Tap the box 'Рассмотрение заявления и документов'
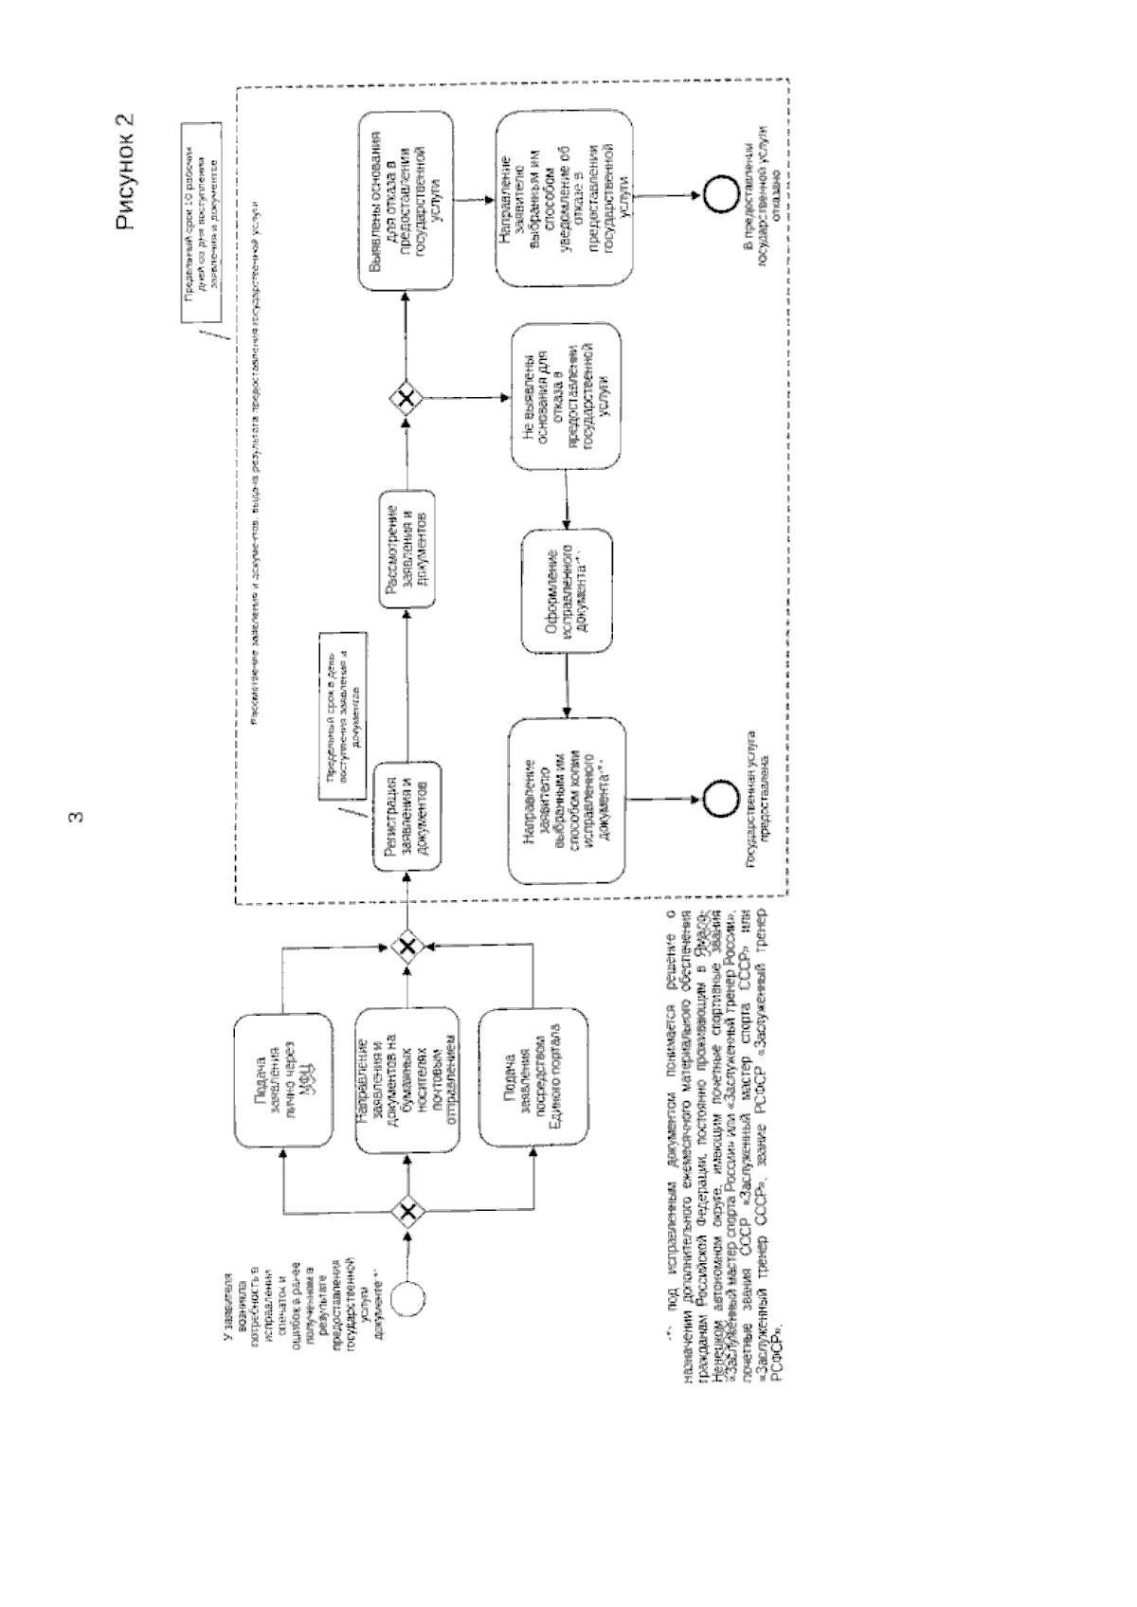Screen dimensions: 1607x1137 [406, 549]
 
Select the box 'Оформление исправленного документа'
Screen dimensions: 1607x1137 [567, 589]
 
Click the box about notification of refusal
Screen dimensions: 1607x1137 [567, 197]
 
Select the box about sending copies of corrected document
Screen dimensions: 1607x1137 [567, 802]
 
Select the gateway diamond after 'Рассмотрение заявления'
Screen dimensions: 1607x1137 [406, 398]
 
